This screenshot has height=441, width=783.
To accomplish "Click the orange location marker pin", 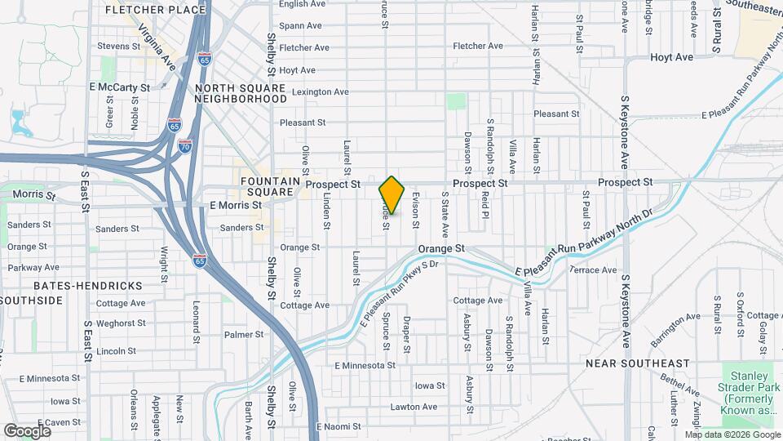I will pos(391,194).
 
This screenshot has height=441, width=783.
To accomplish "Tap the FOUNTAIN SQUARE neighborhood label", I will pos(266,185).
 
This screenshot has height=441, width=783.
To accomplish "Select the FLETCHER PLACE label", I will pos(157,10).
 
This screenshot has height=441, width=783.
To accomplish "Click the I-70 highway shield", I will pos(185,146).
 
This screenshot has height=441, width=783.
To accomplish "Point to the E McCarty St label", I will pos(120,87).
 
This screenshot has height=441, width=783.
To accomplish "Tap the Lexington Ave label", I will pos(320,92).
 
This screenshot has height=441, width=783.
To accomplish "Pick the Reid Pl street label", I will pos(484,206).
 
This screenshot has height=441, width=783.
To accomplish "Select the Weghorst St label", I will pos(116,323).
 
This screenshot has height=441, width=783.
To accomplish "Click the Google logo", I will pos(28,431).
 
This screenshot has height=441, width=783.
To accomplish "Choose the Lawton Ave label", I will pos(414,407).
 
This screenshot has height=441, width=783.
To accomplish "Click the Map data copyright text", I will pos(732,434).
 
